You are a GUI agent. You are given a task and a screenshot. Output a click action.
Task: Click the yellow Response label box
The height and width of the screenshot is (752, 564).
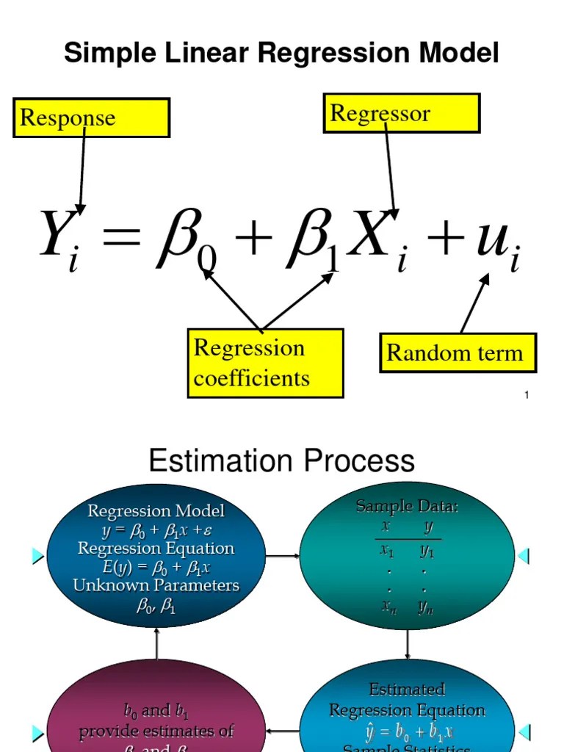coord(91,118)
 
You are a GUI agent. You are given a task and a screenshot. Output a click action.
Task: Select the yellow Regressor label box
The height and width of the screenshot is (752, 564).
coord(402,113)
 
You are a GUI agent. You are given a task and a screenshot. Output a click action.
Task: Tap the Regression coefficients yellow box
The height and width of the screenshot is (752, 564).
coord(265,363)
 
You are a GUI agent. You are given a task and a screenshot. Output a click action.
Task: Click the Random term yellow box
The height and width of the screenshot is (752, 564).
coord(458,353)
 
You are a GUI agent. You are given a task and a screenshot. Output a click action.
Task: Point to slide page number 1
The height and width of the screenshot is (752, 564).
coord(527,396)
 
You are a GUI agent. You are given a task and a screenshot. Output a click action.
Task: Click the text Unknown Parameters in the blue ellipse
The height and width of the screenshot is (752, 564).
coord(156,585)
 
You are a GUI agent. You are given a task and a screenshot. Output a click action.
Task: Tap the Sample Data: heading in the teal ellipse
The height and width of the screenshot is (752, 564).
coord(407,506)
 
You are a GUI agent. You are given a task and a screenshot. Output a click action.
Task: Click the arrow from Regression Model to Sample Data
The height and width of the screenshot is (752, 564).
coord(283,556)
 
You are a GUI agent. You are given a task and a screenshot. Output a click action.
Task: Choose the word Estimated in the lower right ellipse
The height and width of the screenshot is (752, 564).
coord(407,690)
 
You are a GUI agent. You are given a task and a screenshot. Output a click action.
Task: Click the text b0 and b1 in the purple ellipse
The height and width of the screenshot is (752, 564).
coord(156,710)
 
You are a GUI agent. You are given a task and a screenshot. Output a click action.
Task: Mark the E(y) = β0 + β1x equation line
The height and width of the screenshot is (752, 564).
coord(156,567)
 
